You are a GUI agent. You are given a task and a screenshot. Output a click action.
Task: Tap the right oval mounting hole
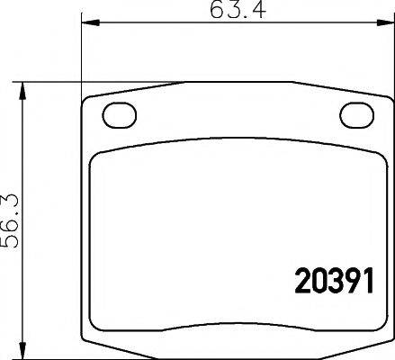click(356, 115)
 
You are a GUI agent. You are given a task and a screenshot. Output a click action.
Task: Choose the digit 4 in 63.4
click(255, 13)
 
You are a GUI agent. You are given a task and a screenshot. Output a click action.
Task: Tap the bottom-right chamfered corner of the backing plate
click(382, 346)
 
